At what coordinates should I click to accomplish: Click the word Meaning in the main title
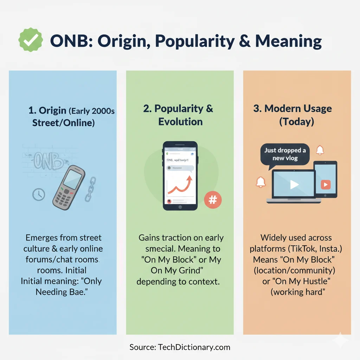coord(288,41)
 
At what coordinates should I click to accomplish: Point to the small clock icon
coord(39,194)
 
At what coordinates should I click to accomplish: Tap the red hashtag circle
coord(213,200)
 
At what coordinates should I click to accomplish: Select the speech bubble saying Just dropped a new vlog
coord(285,154)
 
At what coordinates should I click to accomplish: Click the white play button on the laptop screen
coord(294,184)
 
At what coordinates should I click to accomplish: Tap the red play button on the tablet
coord(326,185)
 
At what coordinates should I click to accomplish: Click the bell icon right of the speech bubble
coord(320,150)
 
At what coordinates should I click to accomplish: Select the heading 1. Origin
coord(47,110)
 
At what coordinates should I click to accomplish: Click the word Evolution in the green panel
coord(180,122)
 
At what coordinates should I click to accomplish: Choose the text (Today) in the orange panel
coord(297,122)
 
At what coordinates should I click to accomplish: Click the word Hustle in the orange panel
coord(309,282)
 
